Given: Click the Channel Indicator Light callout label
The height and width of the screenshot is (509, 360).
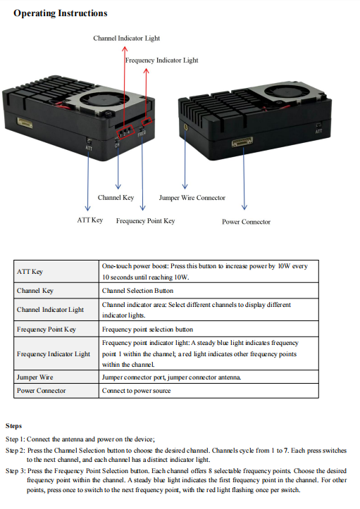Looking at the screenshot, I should (126, 38).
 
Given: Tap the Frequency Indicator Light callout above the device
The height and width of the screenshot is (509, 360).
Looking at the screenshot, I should (161, 61).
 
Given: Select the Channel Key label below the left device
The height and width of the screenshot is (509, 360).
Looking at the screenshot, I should (116, 198).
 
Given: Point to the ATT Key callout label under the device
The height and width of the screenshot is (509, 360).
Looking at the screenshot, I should (89, 220).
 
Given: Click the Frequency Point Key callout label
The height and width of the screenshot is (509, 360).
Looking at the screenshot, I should (145, 221).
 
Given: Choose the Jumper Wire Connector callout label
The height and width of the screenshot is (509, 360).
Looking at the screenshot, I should (192, 198).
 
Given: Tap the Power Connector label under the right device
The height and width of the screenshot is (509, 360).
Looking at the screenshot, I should (246, 222).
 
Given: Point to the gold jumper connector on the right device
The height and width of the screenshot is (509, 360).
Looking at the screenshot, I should (185, 127).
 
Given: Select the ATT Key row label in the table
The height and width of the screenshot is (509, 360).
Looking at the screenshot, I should (30, 272).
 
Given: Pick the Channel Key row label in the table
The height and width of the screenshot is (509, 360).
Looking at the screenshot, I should (35, 290).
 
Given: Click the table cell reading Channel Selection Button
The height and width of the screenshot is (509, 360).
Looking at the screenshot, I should (137, 290).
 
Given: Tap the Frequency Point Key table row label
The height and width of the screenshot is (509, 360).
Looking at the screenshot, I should (46, 329).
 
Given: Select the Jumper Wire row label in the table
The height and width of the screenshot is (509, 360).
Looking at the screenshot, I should (35, 377).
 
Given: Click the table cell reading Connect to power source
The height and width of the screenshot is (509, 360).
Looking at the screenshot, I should (136, 391).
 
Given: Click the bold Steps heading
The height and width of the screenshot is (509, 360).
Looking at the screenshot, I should (13, 426).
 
